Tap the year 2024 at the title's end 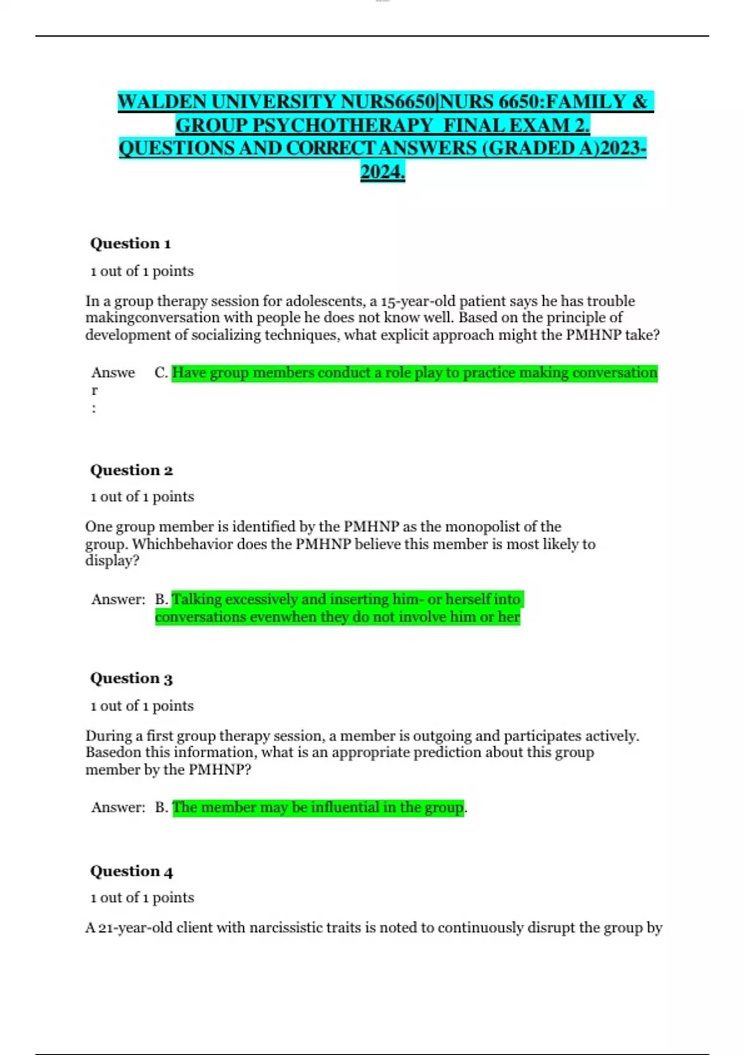382,172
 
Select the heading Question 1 130,243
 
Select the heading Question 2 131,470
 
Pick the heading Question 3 131,678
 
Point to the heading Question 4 131,871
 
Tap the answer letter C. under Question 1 161,373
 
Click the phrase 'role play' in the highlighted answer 412,373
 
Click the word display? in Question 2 112,561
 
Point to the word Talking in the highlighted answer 196,599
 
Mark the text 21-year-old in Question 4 135,928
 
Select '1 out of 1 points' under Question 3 142,706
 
